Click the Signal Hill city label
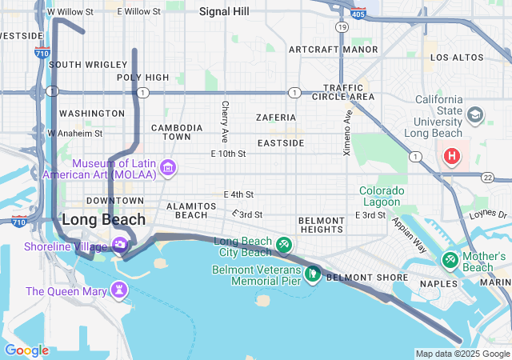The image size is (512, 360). [225, 12]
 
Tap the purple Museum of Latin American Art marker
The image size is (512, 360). [168, 167]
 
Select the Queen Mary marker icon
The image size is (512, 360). [119, 288]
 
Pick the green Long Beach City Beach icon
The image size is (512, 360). [283, 244]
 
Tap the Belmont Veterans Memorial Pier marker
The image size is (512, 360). [313, 274]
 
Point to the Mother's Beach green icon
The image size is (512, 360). [450, 260]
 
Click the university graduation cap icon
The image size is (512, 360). [475, 115]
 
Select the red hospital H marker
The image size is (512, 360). [453, 154]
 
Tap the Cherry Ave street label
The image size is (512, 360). [226, 118]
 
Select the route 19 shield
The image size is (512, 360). [342, 27]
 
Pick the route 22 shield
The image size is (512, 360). [488, 177]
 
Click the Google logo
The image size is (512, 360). [26, 350]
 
